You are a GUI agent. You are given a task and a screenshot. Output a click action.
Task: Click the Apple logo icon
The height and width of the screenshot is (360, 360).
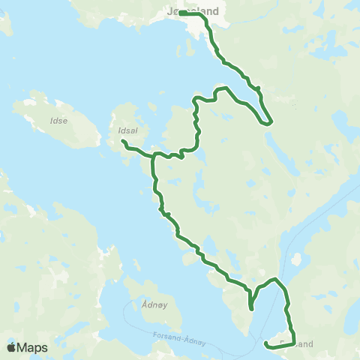point(12,347)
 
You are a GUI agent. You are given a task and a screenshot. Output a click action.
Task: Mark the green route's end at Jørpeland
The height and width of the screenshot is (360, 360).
point(181,13)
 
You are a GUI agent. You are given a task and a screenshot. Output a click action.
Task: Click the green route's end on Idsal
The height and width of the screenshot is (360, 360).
point(122,141)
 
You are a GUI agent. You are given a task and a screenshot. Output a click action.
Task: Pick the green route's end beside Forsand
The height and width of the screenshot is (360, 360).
point(266,344)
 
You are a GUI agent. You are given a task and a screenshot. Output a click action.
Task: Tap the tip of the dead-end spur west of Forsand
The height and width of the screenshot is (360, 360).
point(251,308)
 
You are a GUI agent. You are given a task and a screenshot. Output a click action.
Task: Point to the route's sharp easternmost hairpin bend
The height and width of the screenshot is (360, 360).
point(271,121)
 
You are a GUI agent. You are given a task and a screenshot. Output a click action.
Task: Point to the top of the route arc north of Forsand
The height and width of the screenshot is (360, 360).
point(276,280)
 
